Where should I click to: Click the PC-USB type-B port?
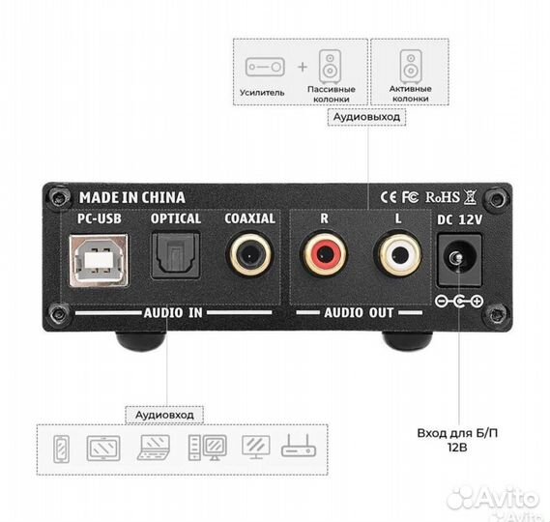[x=99, y=260]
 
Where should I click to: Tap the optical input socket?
[x=176, y=255]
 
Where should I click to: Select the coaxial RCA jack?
[x=250, y=255]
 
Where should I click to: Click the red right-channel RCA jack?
[x=325, y=254]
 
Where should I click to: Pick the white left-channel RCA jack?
[x=398, y=253]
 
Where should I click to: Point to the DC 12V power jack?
[x=459, y=260]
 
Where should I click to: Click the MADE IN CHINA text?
[x=131, y=197]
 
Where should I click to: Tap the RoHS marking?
[x=443, y=197]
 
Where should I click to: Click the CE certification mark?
[x=389, y=197]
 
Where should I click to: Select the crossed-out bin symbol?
[x=470, y=197]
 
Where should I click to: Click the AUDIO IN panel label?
[x=173, y=312]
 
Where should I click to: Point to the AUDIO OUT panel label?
[x=359, y=312]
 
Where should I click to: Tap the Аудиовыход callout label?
[x=366, y=117]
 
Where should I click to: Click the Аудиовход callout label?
[x=164, y=415]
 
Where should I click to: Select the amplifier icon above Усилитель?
[x=265, y=67]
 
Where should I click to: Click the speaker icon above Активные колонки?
[x=411, y=67]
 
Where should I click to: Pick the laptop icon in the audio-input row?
[x=154, y=448]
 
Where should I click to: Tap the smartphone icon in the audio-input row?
[x=62, y=449]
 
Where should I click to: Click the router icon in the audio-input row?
[x=299, y=446]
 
